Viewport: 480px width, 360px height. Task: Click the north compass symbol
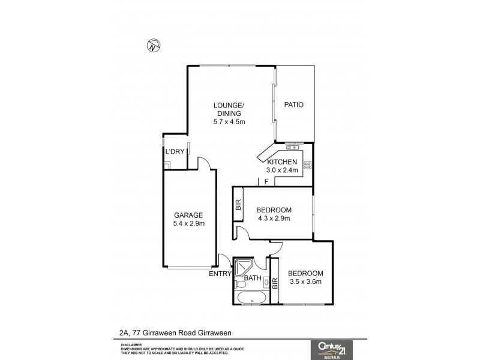coord(154,46)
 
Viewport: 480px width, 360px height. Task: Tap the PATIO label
coord(293,105)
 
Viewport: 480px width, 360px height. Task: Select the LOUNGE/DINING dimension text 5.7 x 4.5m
coord(229,122)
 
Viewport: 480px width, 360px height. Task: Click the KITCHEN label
coord(282,163)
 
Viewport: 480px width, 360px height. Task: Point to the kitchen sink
coord(292,147)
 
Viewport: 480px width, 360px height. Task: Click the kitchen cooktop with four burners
coord(307,166)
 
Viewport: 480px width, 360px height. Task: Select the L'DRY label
coord(175,152)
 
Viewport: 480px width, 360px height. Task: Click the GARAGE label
coord(188,215)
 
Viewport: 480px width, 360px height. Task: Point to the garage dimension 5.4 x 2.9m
coord(188,224)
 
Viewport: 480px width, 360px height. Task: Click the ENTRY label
coord(220,274)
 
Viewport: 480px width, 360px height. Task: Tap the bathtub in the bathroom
coord(251,298)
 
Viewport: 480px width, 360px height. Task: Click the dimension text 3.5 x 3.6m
coord(306,281)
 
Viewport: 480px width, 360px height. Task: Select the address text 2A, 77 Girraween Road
coord(156,332)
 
